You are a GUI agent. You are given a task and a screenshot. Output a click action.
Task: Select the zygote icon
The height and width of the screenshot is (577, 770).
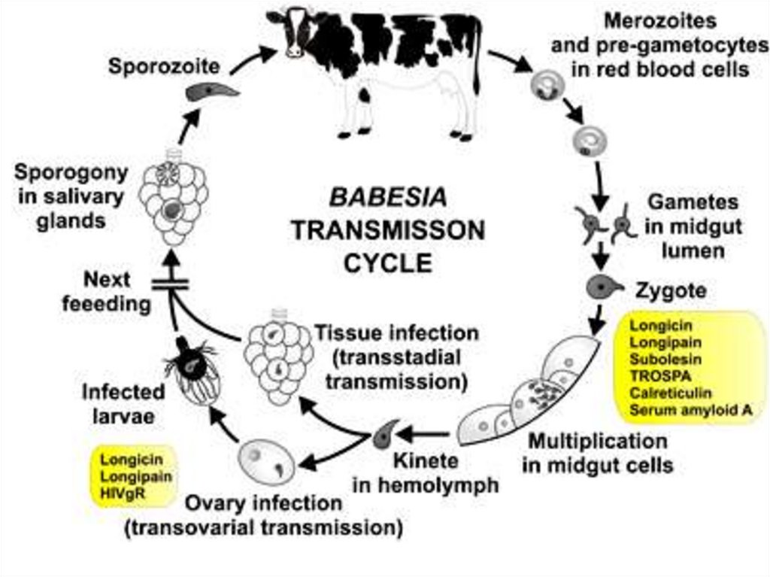(605, 287)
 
